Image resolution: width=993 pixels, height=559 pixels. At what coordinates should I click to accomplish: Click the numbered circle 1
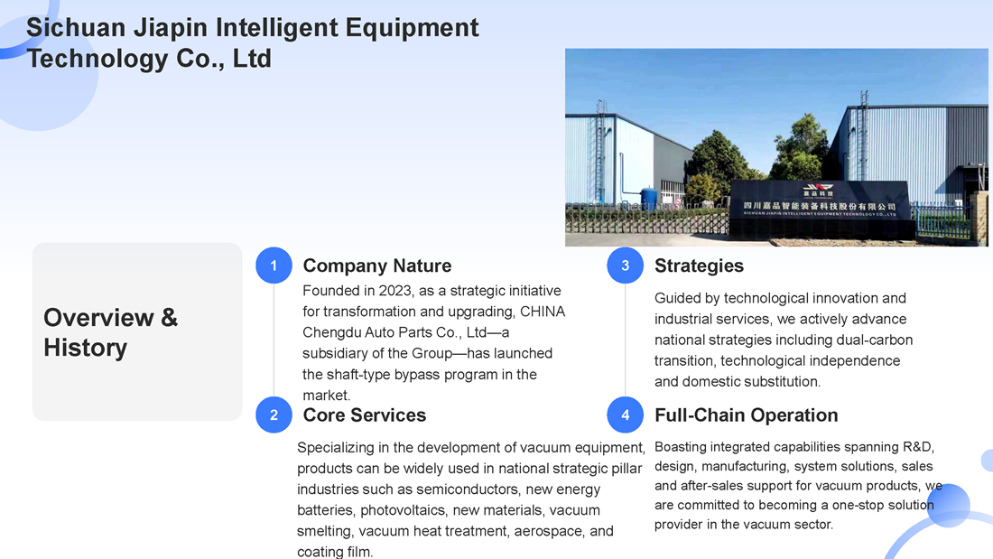[274, 266]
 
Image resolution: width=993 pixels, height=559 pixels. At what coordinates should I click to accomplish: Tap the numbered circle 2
[274, 415]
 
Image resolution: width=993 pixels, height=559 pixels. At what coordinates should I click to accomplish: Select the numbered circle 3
[625, 266]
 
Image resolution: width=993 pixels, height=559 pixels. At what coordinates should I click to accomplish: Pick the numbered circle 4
[625, 415]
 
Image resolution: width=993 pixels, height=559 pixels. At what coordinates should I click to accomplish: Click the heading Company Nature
[376, 266]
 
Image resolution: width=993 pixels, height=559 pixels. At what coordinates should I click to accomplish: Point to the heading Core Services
[364, 415]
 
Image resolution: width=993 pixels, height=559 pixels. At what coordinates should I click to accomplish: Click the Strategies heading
[699, 266]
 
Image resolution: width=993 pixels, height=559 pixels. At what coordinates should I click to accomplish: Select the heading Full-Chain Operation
[746, 415]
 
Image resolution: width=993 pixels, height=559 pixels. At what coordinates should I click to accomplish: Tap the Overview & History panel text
[111, 332]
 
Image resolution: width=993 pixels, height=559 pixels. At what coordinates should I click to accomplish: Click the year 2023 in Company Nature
[394, 291]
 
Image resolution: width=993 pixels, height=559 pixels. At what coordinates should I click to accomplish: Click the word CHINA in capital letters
[543, 312]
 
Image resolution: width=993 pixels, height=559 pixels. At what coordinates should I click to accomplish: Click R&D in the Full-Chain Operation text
[918, 447]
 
